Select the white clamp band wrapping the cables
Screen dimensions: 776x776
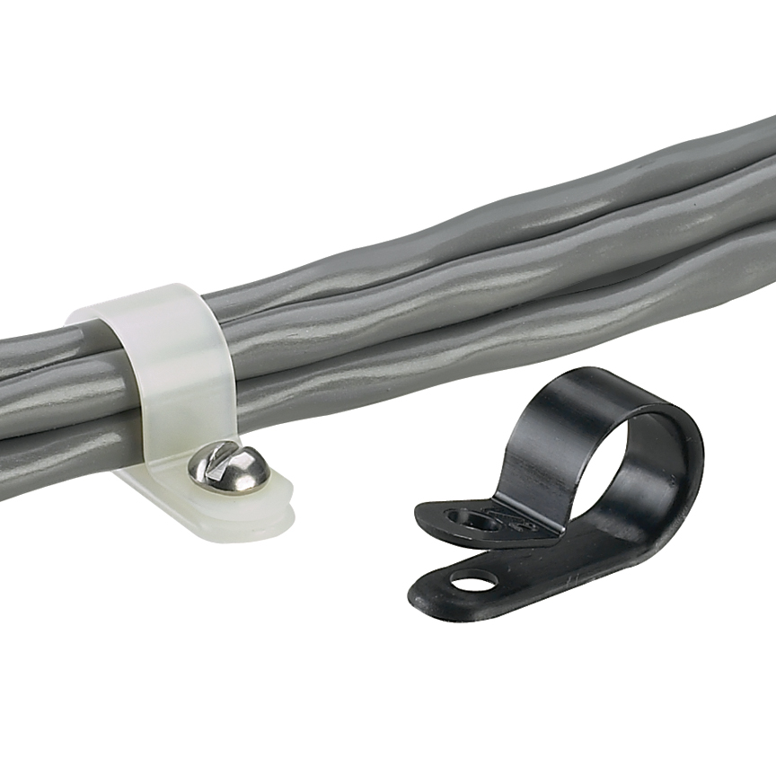coord(181,359)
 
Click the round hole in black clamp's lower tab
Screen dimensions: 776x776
coord(472,582)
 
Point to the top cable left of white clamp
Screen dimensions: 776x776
coord(36,346)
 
